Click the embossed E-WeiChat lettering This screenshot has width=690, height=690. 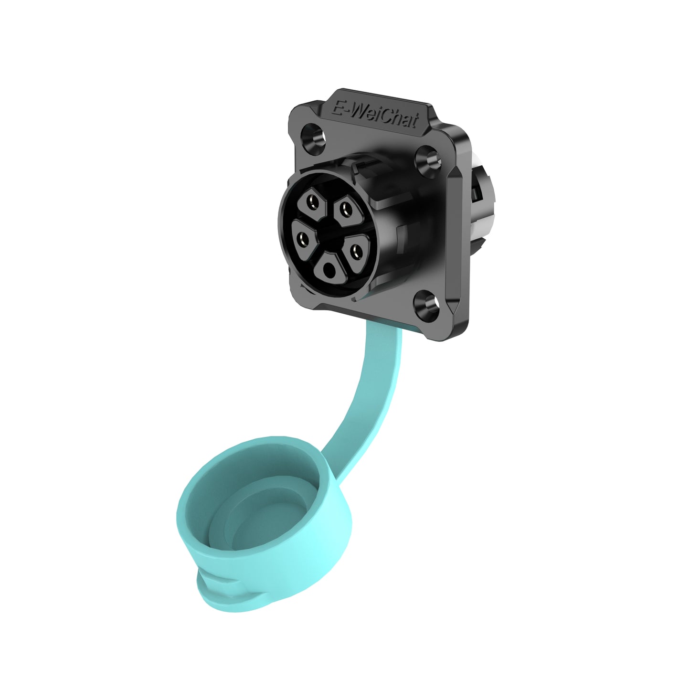[375, 113]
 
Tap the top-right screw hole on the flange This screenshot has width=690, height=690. [429, 159]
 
